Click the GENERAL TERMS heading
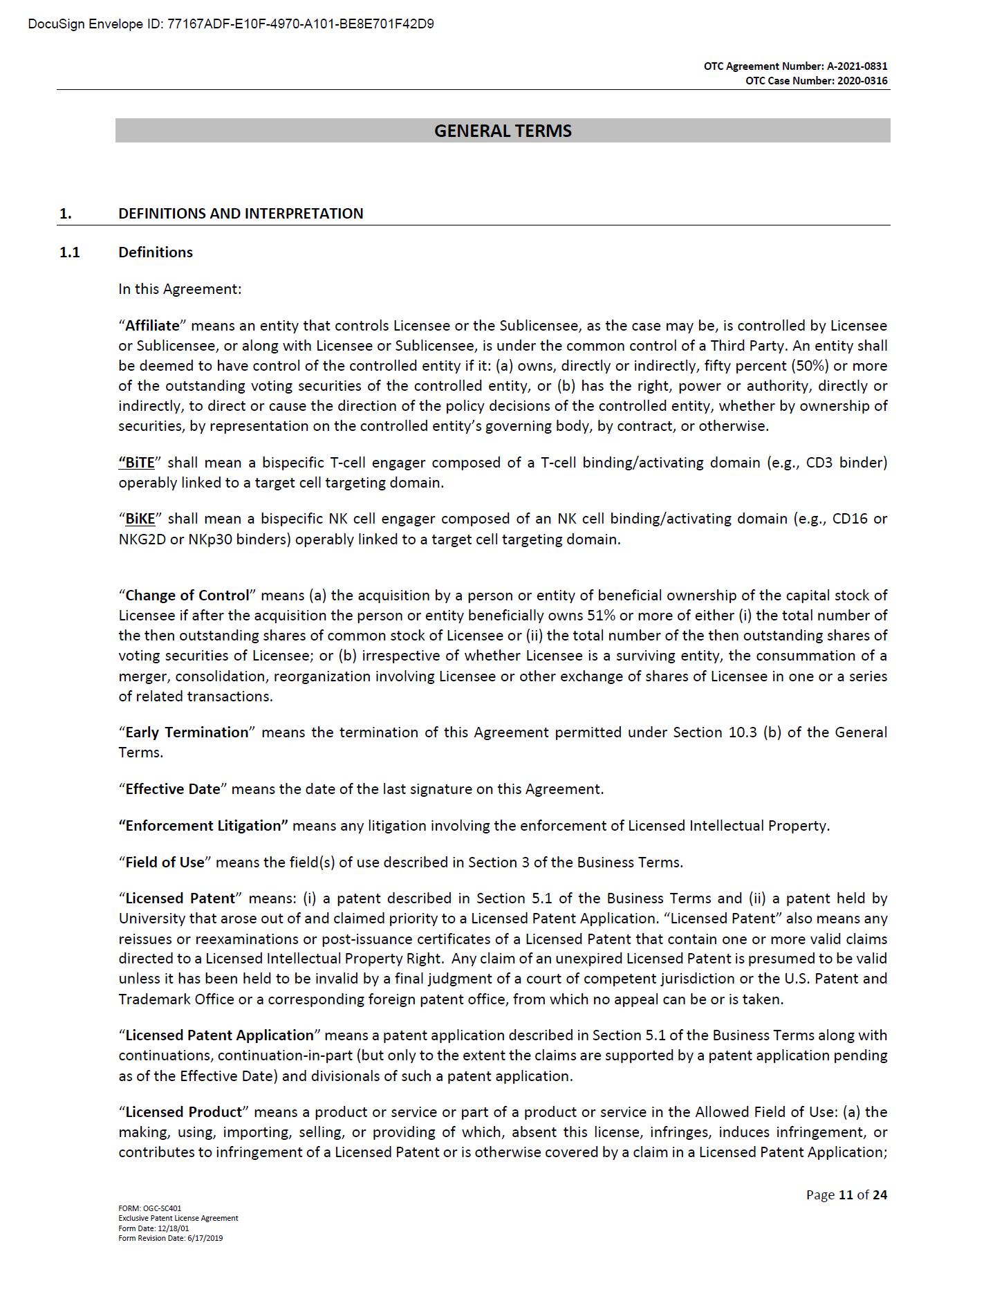(503, 131)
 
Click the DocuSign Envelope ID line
(231, 24)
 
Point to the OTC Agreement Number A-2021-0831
(795, 66)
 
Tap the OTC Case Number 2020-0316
(816, 81)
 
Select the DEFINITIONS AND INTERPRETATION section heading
(241, 213)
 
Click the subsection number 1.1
(69, 252)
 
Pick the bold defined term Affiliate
(152, 325)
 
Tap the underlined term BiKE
(140, 518)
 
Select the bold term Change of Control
(187, 595)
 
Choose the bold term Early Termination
(186, 732)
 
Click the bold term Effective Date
(172, 788)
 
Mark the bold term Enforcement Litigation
(204, 825)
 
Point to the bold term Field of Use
(165, 862)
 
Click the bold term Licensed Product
(183, 1111)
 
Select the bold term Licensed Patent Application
(219, 1035)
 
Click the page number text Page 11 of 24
(846, 1194)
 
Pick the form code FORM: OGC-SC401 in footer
(149, 1208)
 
